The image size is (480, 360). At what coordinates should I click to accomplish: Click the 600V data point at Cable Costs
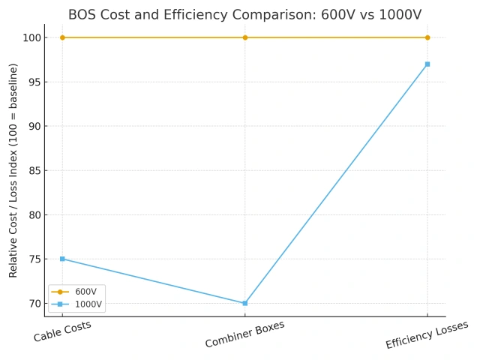point(62,37)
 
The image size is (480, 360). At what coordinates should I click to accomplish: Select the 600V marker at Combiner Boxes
point(244,37)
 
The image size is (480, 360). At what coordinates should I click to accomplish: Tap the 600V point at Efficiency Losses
point(427,37)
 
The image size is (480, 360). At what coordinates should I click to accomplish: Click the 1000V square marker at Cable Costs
point(62,259)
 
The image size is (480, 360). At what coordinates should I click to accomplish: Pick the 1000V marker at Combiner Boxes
point(244,303)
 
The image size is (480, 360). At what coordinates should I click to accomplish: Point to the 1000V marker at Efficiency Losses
point(427,64)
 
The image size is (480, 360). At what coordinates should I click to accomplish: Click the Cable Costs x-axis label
point(62,331)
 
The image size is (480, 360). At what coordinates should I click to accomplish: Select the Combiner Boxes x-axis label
point(244,334)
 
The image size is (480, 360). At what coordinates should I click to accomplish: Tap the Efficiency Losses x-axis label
point(427,335)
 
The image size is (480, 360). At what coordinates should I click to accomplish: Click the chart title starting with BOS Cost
point(244,14)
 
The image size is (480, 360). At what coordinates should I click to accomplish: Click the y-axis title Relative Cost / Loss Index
point(13,170)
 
